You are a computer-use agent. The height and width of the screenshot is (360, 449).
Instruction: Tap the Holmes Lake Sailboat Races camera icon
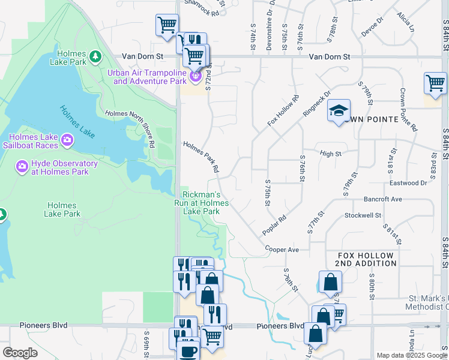(67, 140)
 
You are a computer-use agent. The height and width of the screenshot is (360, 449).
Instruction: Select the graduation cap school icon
(339, 110)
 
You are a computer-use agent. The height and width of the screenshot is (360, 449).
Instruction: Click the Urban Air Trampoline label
(147, 77)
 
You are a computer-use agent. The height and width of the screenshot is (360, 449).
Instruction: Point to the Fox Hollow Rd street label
(283, 110)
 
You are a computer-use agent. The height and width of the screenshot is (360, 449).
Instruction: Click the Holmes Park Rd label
(201, 157)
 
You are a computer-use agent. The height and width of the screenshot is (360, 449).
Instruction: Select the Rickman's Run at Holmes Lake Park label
(205, 203)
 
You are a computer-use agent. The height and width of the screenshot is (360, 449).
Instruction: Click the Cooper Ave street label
(282, 249)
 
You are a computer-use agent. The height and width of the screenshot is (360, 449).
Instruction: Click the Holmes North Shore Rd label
(130, 128)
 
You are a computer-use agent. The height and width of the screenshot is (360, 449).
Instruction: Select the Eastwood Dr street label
(408, 182)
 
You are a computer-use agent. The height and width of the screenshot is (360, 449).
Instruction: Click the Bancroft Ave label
(382, 199)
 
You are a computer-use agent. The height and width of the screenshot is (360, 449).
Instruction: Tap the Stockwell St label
(363, 215)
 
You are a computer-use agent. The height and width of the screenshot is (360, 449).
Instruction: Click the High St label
(331, 154)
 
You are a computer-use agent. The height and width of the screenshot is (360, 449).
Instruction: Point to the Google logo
(20, 352)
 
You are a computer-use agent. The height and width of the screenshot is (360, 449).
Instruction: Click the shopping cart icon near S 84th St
(435, 83)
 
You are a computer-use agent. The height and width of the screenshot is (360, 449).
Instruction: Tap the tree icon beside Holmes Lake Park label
(95, 56)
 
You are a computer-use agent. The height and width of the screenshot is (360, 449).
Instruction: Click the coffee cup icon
(189, 350)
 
